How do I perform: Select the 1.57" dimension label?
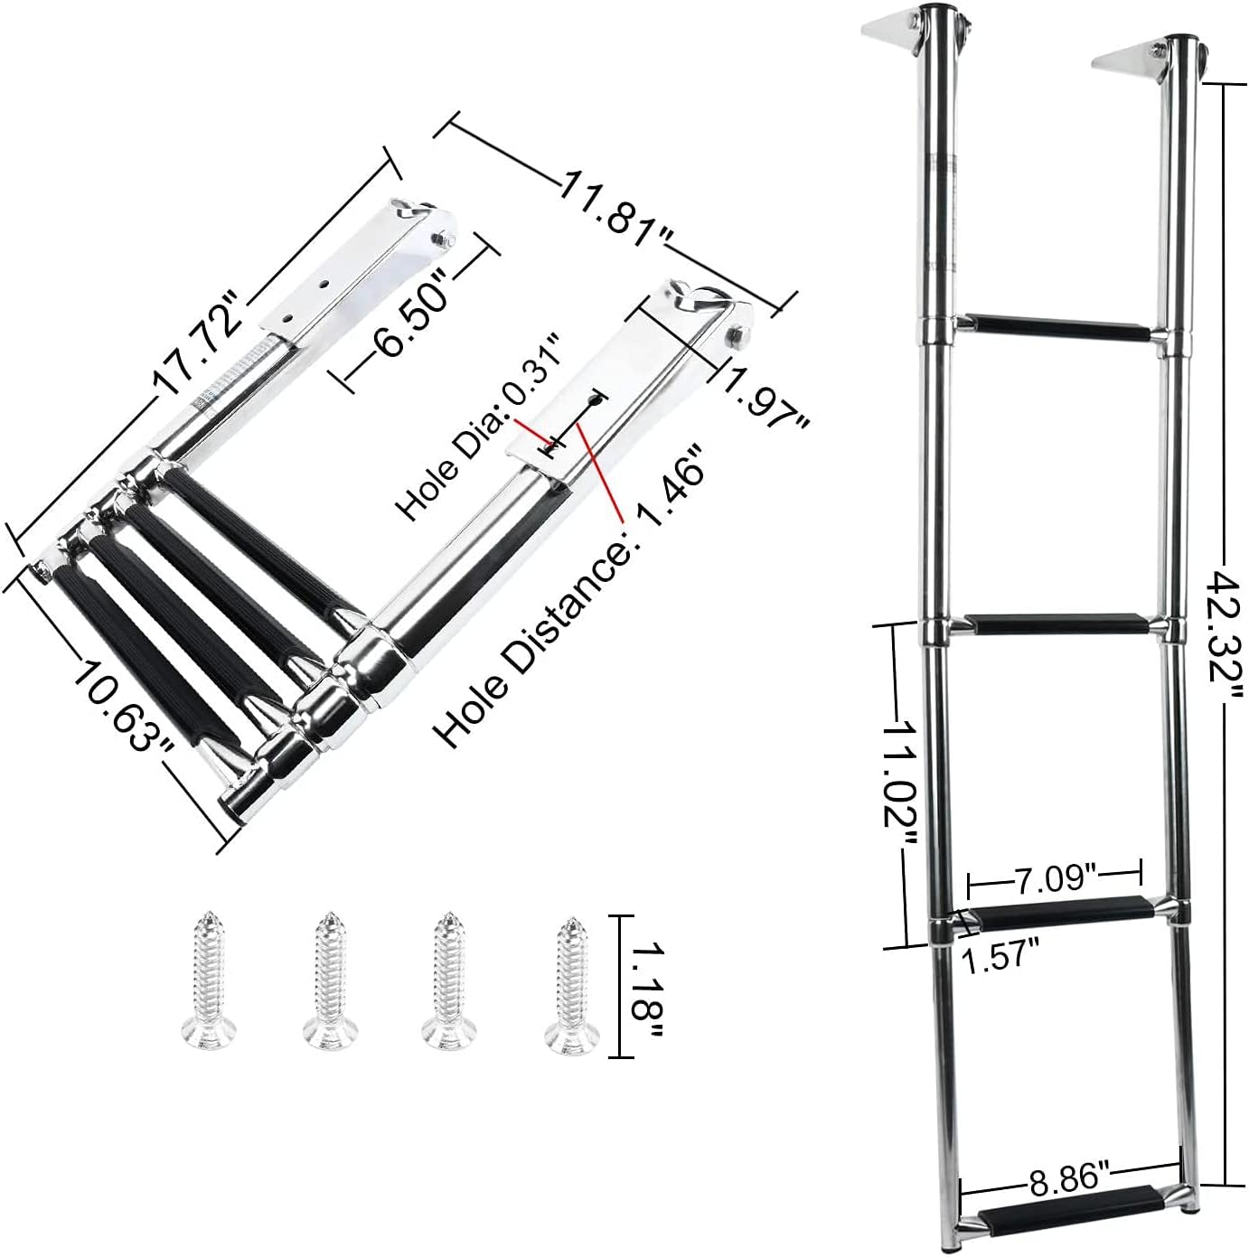click(999, 954)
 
